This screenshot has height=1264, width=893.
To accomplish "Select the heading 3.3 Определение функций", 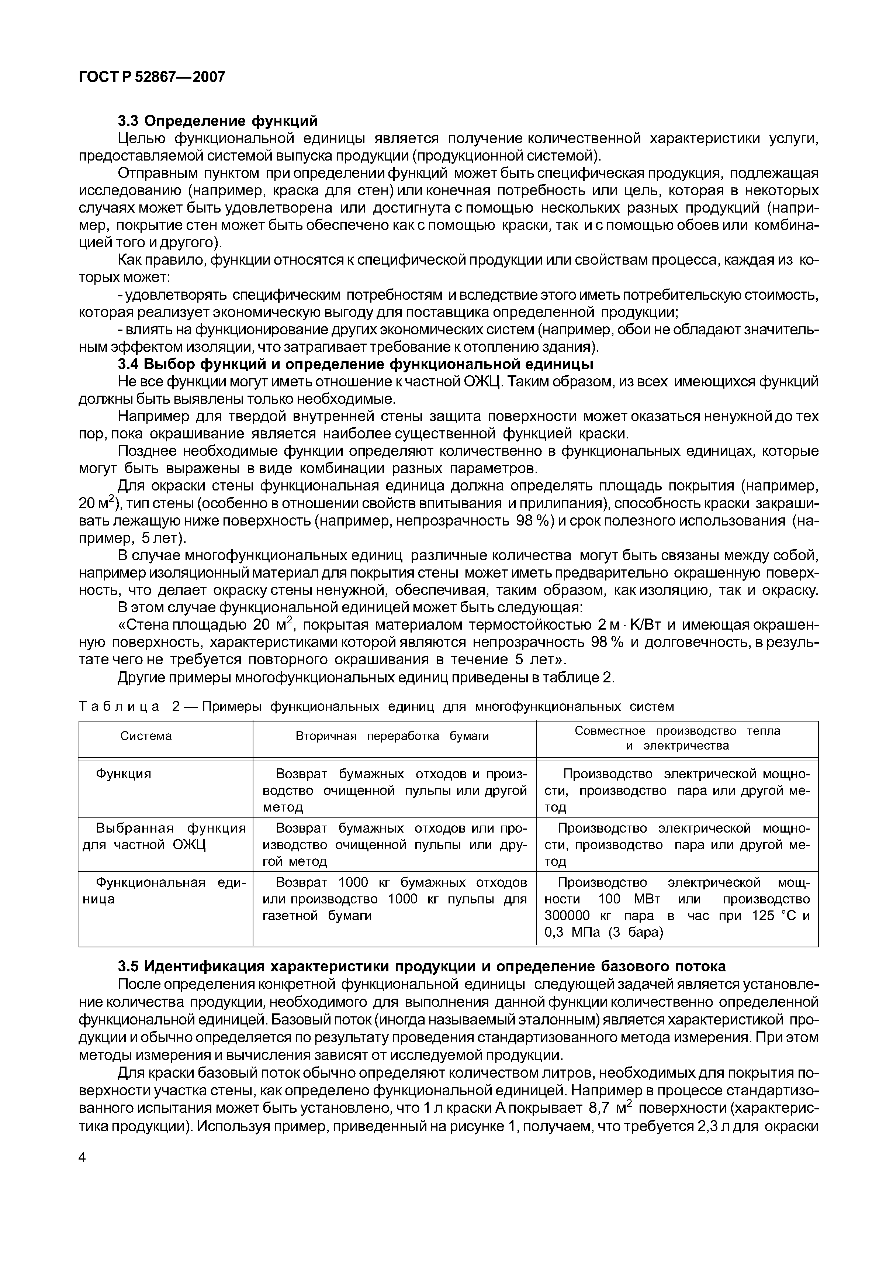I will [x=218, y=120].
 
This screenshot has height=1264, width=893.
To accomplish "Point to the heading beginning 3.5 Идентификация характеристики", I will [x=422, y=966].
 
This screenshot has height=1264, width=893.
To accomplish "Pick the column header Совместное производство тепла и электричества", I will [x=677, y=738].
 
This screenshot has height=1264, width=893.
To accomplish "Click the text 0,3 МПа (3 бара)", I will [x=603, y=932].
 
